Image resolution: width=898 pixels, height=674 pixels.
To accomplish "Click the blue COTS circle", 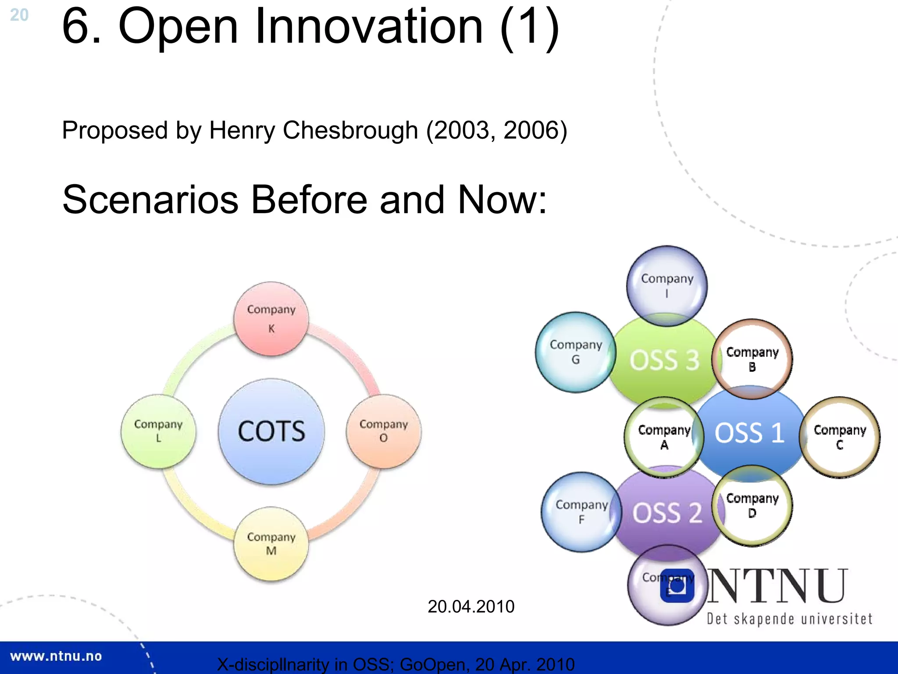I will click(x=271, y=432).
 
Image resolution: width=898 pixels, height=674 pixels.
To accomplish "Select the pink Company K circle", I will click(x=271, y=319).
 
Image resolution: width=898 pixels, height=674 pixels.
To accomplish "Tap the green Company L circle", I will click(x=158, y=432).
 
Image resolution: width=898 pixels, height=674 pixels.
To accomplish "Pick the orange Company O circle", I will click(x=384, y=432).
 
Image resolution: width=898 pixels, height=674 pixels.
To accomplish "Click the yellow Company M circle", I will click(x=271, y=544).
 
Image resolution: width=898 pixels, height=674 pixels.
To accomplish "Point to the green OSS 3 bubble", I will click(x=664, y=360).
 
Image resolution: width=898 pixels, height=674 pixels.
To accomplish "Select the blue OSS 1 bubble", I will click(x=749, y=433).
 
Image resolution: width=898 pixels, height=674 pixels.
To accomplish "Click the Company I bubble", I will click(x=667, y=285).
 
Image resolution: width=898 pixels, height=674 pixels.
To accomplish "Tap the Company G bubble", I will click(x=575, y=352).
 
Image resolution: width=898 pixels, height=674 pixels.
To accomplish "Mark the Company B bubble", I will click(x=752, y=359).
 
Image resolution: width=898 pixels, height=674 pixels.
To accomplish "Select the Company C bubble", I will click(x=840, y=437).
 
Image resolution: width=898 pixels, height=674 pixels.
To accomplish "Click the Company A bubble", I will click(x=664, y=437).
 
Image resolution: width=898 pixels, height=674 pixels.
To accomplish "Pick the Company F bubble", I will click(x=581, y=512).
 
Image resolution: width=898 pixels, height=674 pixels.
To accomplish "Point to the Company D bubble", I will click(x=752, y=506).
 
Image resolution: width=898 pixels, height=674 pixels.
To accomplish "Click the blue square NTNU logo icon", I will click(x=677, y=586).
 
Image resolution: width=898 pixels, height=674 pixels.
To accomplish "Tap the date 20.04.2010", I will click(x=471, y=606).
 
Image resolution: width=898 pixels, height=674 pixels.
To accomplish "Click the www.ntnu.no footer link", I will click(x=56, y=656).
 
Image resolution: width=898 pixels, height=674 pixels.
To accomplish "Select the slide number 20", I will click(x=19, y=15).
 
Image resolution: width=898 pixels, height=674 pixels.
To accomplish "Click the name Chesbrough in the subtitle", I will click(x=350, y=130).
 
